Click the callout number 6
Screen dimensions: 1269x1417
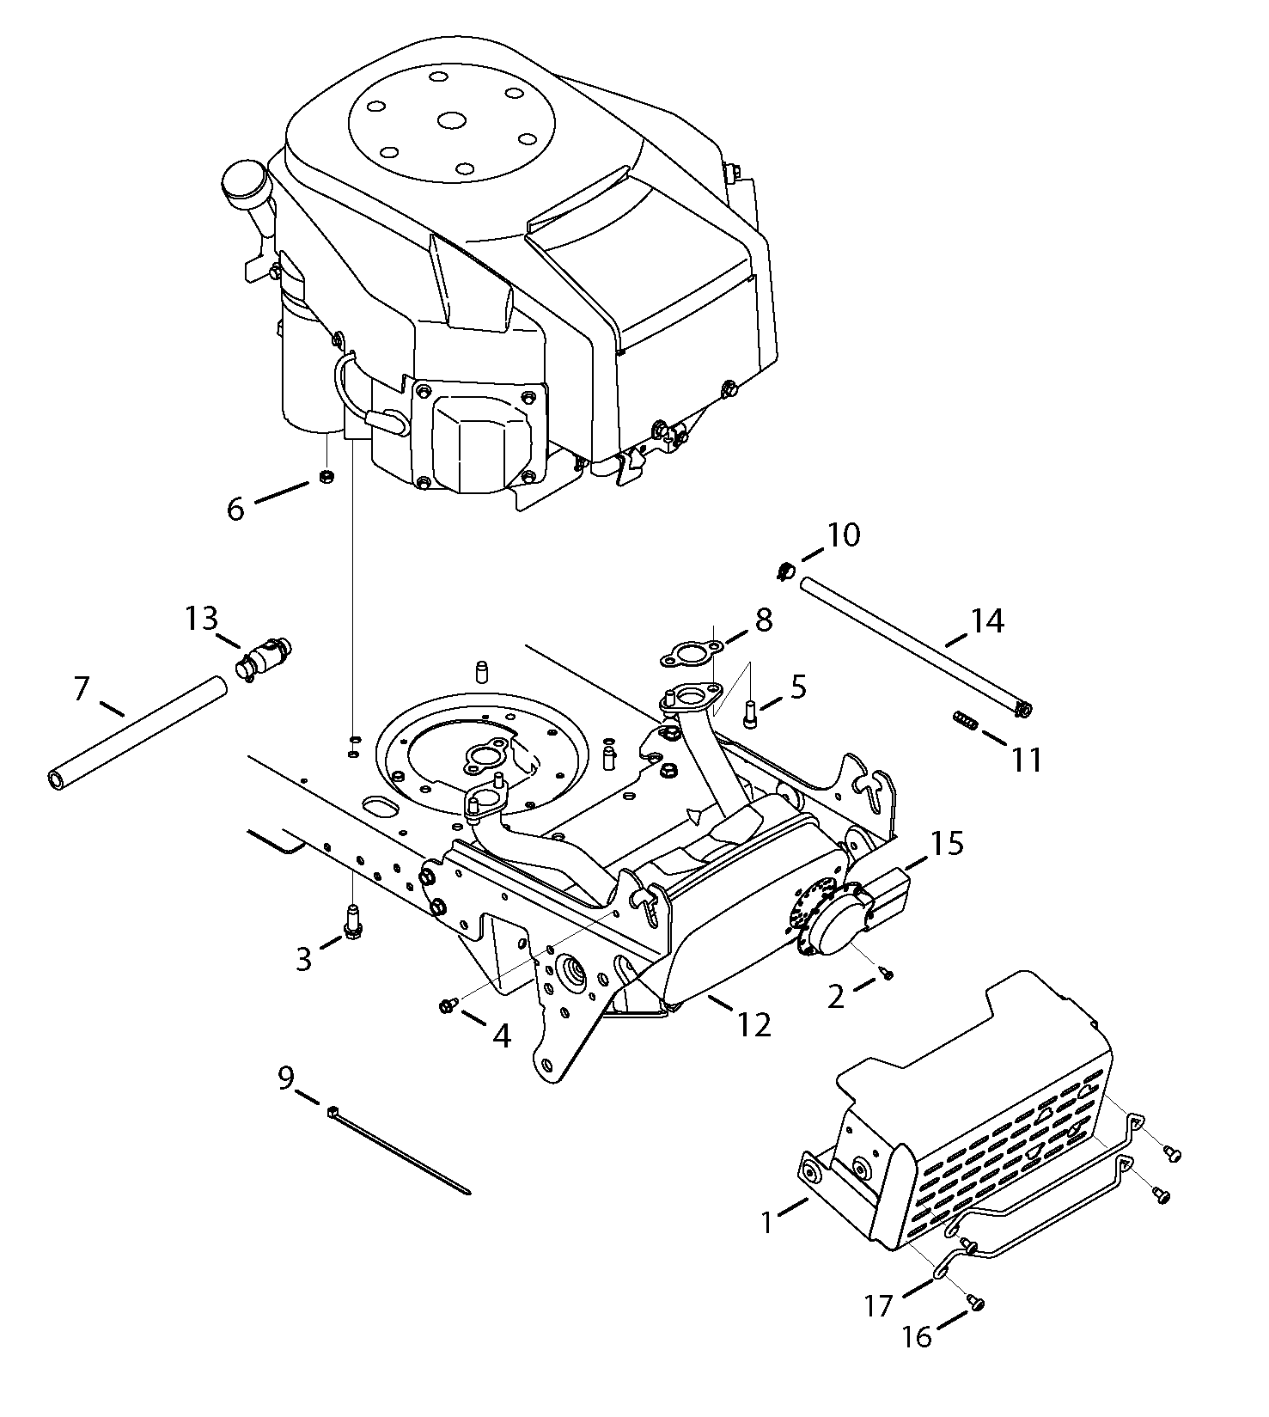point(235,509)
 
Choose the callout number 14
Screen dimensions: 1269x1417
point(986,620)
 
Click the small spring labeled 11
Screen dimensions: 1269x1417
point(966,722)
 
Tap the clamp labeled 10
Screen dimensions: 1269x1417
point(784,570)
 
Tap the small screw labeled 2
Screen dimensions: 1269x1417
point(888,972)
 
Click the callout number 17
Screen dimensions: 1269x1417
point(880,1307)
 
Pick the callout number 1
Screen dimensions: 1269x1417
point(769,1222)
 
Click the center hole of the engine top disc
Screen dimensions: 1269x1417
point(449,119)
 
